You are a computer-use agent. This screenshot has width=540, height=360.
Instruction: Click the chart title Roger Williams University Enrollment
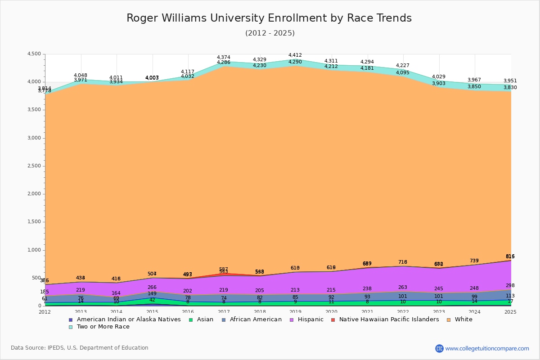click(x=269, y=18)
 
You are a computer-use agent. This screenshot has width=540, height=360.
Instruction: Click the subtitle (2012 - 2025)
click(x=270, y=33)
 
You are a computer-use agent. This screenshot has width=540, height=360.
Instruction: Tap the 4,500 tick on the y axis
click(x=34, y=54)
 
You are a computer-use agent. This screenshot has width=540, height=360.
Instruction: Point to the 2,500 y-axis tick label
click(x=34, y=166)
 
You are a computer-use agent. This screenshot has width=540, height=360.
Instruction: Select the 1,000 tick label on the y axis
click(x=34, y=250)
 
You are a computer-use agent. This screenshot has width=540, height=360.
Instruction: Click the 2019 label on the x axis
click(x=296, y=312)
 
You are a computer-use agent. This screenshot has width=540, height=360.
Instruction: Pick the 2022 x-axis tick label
click(x=403, y=312)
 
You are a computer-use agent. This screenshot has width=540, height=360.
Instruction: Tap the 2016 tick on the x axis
click(x=188, y=312)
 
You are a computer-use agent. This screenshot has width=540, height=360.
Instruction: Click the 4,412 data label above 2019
click(x=295, y=55)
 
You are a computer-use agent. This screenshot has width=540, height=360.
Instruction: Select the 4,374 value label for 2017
click(x=224, y=58)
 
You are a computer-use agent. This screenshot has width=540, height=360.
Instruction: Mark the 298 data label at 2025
click(x=510, y=286)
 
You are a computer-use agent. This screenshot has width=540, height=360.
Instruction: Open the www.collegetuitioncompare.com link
click(x=487, y=348)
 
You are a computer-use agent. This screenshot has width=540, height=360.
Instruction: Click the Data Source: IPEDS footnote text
click(x=80, y=348)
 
